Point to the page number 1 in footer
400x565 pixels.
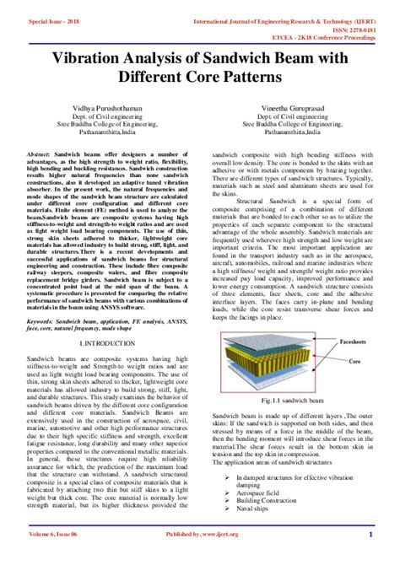pyautogui.click(x=370, y=557)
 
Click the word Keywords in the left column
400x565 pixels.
pyautogui.click(x=41, y=321)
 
